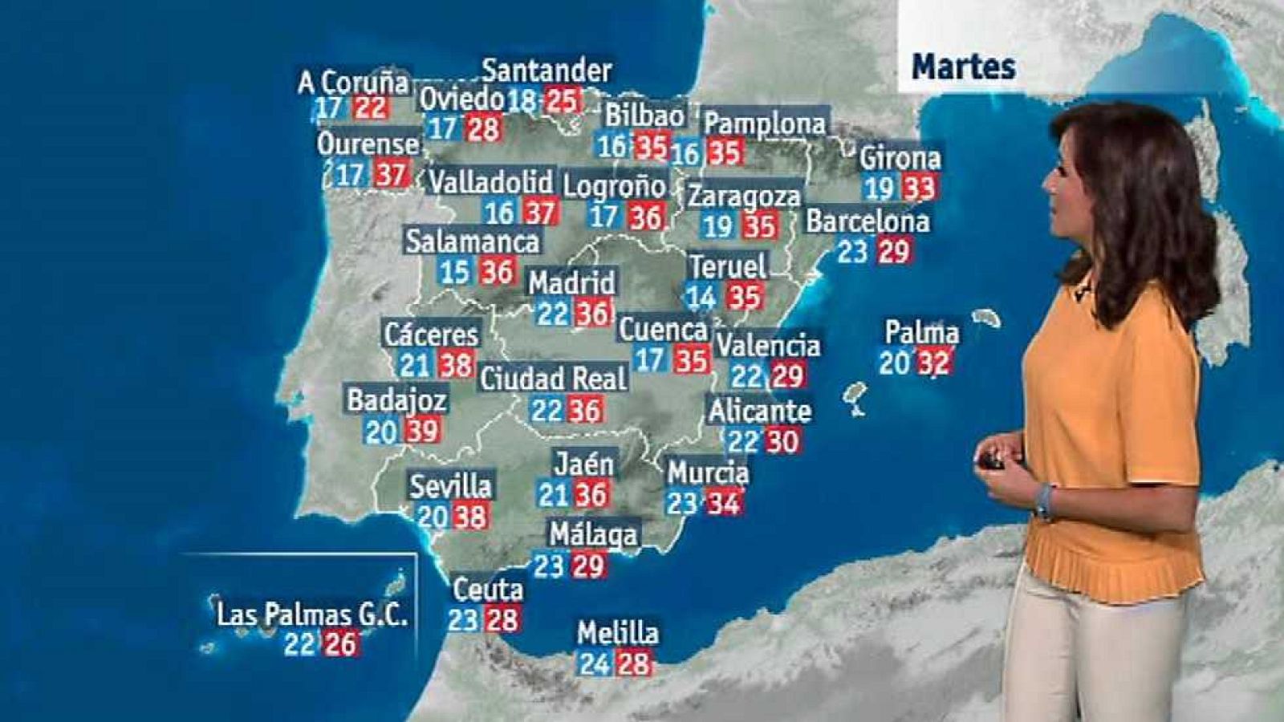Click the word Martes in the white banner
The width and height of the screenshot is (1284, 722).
click(x=963, y=67)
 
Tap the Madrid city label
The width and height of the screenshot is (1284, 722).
click(x=571, y=282)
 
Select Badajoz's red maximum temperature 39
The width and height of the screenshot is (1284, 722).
click(x=421, y=431)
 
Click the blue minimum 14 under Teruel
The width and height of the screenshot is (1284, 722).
click(x=701, y=298)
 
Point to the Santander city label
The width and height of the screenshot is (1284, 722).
click(x=547, y=71)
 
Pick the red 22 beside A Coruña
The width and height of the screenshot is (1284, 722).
click(x=371, y=107)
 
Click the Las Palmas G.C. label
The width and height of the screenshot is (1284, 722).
click(x=312, y=615)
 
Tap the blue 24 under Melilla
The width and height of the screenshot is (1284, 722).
click(x=595, y=663)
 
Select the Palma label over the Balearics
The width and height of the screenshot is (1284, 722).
click(x=921, y=332)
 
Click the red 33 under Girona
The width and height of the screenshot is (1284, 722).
click(x=919, y=189)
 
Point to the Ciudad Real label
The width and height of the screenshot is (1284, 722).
click(x=553, y=378)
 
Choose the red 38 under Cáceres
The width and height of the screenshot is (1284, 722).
click(x=456, y=365)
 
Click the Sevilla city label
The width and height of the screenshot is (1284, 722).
click(x=450, y=485)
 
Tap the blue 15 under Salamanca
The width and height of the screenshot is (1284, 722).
click(x=454, y=272)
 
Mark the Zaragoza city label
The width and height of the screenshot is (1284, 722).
click(x=744, y=196)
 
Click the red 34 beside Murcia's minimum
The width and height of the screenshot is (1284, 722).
click(x=722, y=503)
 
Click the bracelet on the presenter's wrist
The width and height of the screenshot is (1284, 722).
click(x=1043, y=501)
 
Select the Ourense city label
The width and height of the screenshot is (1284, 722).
click(x=368, y=144)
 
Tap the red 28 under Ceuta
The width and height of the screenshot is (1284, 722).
click(x=502, y=619)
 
